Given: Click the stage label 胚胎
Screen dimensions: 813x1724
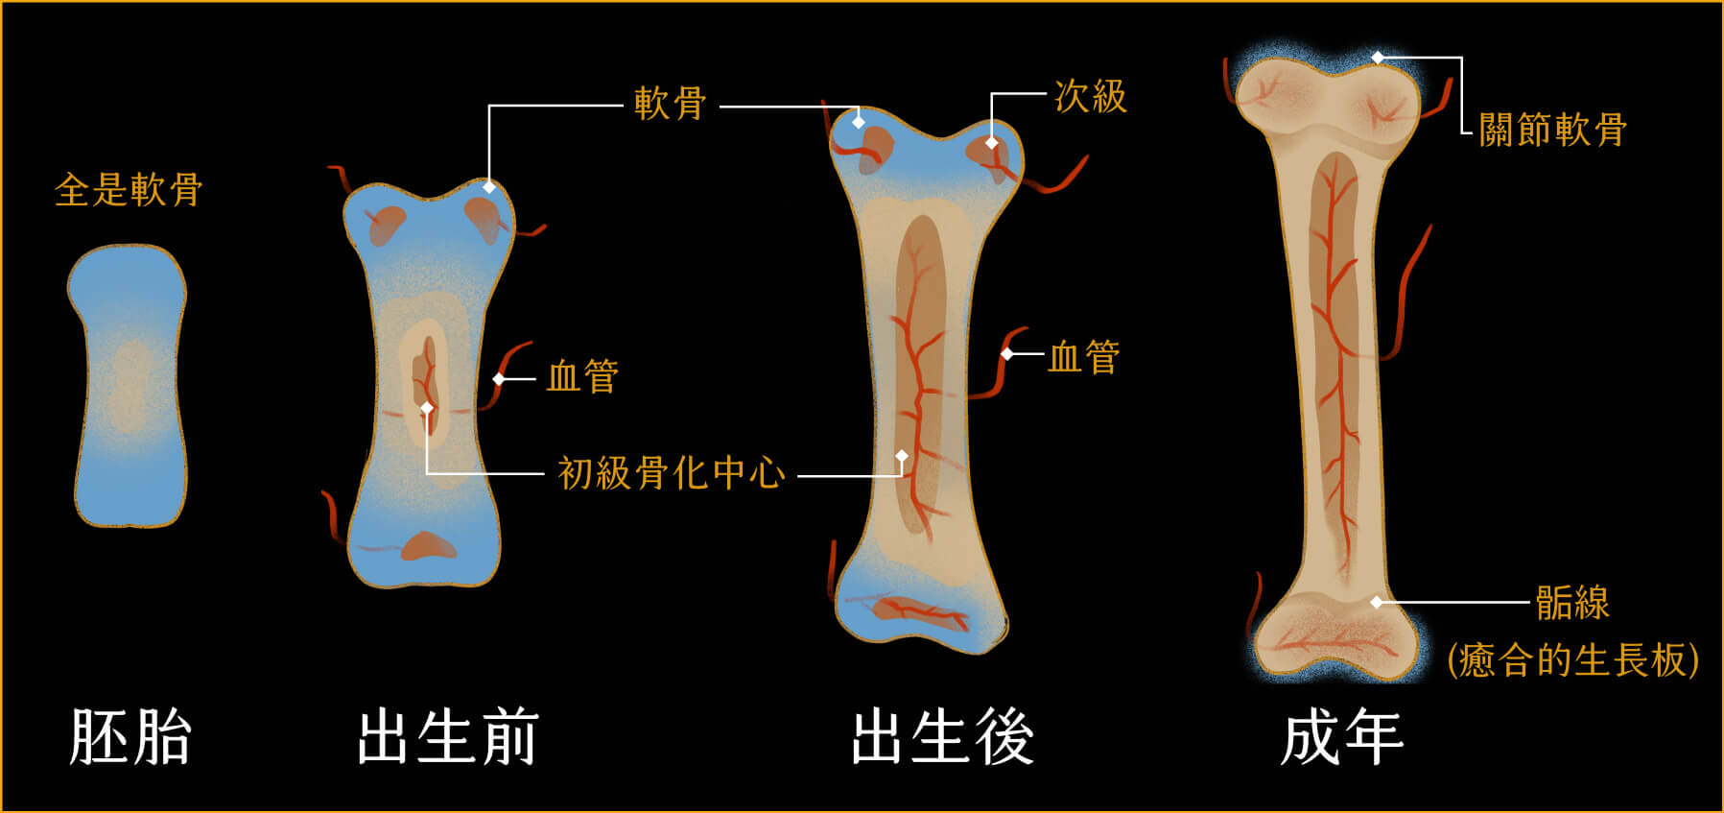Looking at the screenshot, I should coord(130,737).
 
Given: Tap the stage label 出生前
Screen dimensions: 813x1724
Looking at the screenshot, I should coord(447,737).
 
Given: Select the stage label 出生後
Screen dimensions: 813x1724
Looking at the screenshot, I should coord(943,737).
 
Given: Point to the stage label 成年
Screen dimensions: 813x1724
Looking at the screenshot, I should coord(1342,737).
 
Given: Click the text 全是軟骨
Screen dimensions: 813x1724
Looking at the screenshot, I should coord(129,190).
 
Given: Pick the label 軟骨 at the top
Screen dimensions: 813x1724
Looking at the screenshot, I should coord(671,104).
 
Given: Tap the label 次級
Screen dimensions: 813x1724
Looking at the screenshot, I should coord(1091,97).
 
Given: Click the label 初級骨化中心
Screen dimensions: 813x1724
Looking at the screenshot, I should coord(672,473).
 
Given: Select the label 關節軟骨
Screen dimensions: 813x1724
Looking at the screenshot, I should coord(1552,130).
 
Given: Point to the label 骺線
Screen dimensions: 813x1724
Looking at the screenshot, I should coord(1572,603).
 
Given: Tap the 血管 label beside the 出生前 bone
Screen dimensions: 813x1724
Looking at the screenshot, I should coord(582,376).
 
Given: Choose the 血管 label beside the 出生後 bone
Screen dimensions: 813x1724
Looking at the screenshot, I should coord(1084,357).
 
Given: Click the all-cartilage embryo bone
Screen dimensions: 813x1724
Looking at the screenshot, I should coord(129,384).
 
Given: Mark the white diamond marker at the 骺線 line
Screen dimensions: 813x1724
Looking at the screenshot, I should coord(1377,603).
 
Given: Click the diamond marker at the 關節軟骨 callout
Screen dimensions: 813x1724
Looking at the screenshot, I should coord(1378,58).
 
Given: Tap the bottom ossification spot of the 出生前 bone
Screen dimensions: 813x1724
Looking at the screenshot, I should coord(428,546).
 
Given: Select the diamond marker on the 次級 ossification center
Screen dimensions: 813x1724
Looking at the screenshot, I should coord(992,143).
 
